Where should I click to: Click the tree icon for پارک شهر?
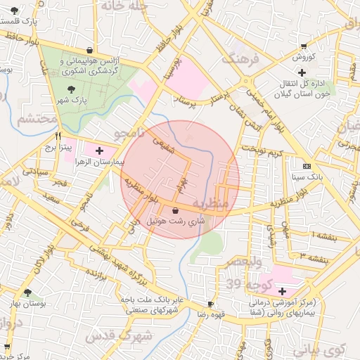click(x=72, y=89)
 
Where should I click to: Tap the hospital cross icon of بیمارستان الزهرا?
click(x=99, y=150)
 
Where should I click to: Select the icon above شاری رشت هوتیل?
click(x=175, y=210)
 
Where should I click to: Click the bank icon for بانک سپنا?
click(x=306, y=166)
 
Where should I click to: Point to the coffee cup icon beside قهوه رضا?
click(x=210, y=303)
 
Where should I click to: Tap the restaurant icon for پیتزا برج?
click(x=58, y=136)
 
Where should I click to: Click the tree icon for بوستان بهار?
click(x=27, y=292)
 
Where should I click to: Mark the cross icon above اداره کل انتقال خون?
click(x=302, y=72)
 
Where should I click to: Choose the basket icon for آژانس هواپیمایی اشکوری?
click(x=90, y=50)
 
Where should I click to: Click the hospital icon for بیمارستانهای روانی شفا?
click(x=282, y=291)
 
